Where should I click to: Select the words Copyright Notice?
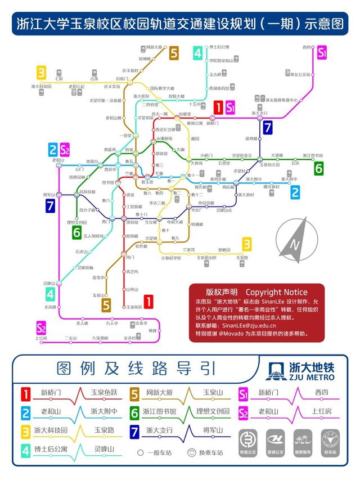point(277,292)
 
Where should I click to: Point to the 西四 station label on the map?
point(307,47)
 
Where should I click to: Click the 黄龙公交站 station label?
point(301,74)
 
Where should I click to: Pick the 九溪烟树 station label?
point(100,338)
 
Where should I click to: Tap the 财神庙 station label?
point(144,59)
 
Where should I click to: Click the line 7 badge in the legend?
point(136,432)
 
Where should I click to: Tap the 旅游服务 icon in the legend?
point(303,439)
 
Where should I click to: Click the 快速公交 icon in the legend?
point(248,439)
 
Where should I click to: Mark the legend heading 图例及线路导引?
point(137,369)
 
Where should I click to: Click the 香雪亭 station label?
point(98,277)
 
